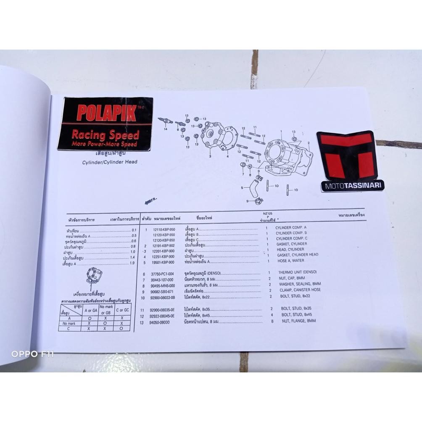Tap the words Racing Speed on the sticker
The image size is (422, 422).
point(105,135)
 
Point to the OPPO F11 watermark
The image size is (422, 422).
point(33,354)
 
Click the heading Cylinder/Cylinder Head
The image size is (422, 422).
point(109,162)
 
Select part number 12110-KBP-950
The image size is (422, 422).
point(163,229)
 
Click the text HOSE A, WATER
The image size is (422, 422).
point(290,261)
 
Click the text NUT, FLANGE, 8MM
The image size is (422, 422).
point(298,321)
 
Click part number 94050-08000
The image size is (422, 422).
point(159,322)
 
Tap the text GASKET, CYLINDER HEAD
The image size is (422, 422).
point(297,255)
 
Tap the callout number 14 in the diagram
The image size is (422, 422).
point(166,129)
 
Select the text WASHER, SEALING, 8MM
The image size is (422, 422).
point(299,284)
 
